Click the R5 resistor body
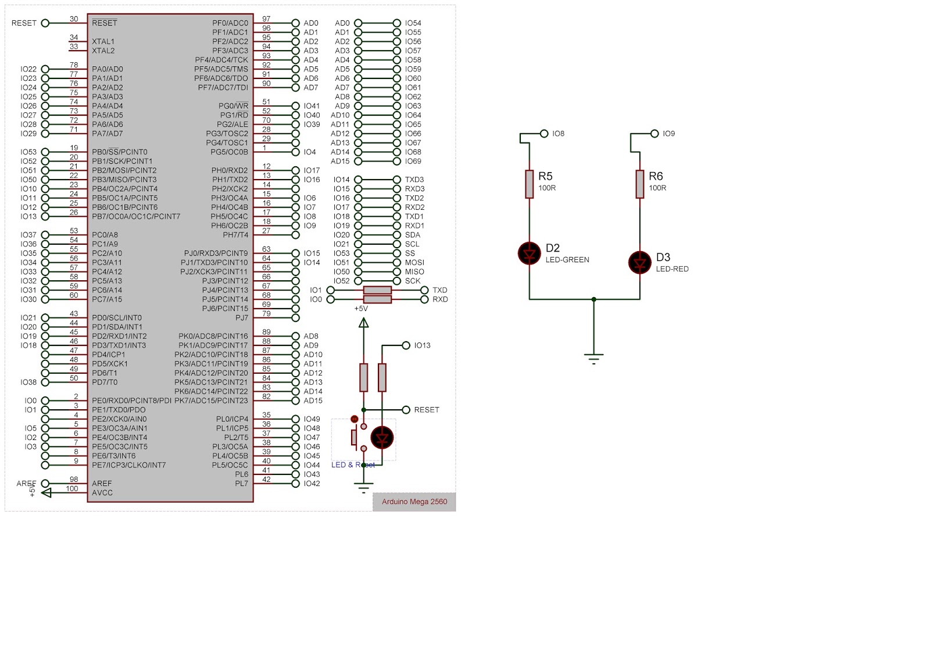coord(530,184)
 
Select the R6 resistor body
coord(640,184)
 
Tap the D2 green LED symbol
coord(530,253)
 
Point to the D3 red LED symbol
coord(640,262)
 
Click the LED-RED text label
coord(672,269)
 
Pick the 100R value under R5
coord(547,188)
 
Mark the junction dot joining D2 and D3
coord(593,299)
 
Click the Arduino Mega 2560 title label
coord(414,502)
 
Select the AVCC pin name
coord(102,493)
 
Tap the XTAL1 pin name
coord(103,41)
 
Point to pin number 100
coord(72,489)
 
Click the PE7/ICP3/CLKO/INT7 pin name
coord(128,465)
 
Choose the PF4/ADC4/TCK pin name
coord(221,60)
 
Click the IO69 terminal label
coord(413,161)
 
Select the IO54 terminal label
coord(413,23)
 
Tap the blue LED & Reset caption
coord(353,464)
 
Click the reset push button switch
coord(358,437)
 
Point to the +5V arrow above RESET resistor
coord(364,323)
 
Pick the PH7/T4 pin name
coord(235,235)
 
